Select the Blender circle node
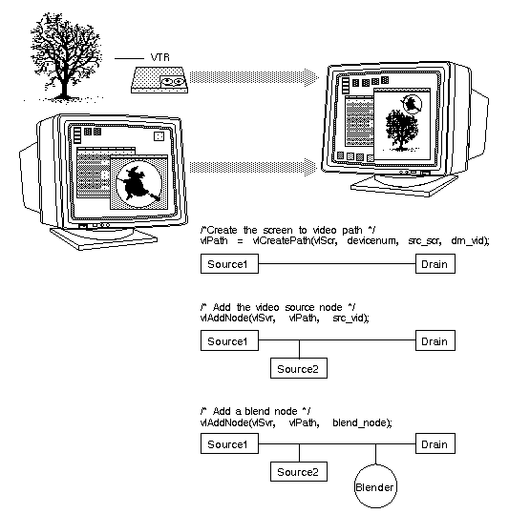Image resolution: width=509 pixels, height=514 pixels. coord(375,486)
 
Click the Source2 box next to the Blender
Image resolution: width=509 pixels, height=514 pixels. coord(296,471)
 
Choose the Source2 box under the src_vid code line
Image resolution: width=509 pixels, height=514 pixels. coord(296,368)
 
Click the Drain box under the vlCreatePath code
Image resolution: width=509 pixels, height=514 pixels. coord(434,261)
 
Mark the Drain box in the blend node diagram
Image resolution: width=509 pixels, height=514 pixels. coord(434,444)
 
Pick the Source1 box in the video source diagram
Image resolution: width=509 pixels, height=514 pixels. coord(226,340)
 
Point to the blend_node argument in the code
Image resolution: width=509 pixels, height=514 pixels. coord(362,421)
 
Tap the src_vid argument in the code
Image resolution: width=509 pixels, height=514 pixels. coord(350,317)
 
